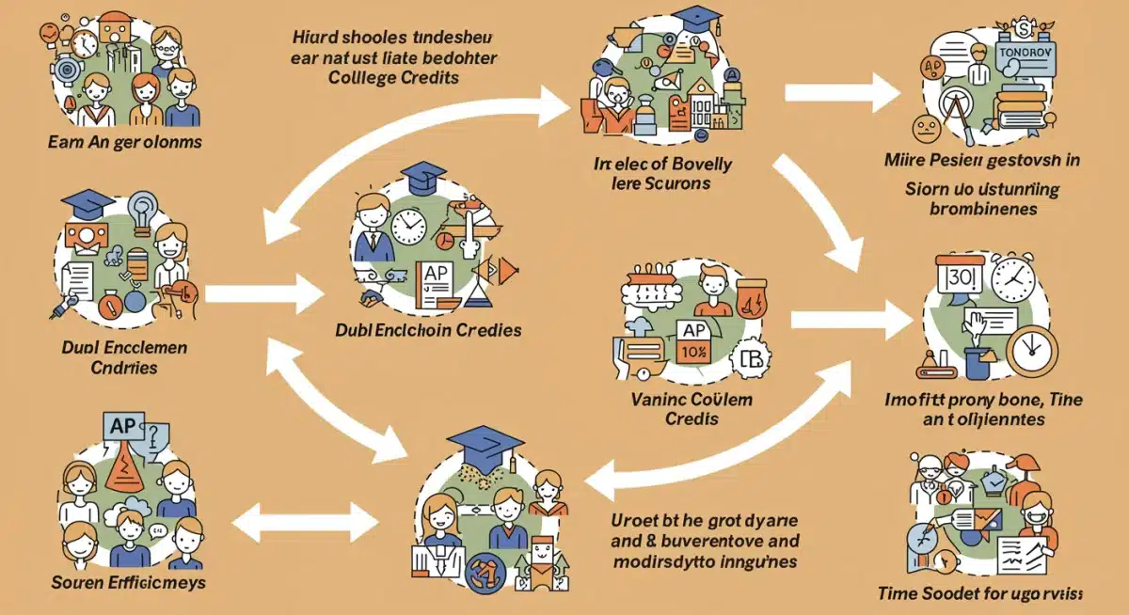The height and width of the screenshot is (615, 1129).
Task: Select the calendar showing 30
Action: [x=960, y=279]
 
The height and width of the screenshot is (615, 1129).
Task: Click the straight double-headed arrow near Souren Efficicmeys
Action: [x=300, y=516]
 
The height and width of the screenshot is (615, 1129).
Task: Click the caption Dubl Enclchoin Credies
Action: [x=428, y=331]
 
